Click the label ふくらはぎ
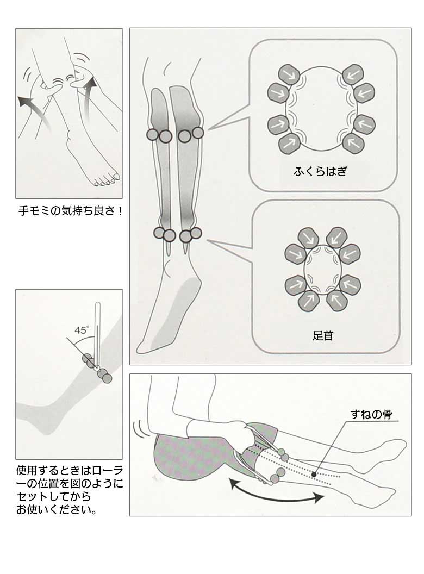point(320,172)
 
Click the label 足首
point(323,335)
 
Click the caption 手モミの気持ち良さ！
point(69,210)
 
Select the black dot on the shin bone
point(314,475)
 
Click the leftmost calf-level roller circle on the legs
point(152,134)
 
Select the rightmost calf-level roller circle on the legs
point(198,132)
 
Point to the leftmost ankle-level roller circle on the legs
point(159,233)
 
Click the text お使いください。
point(57,510)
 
